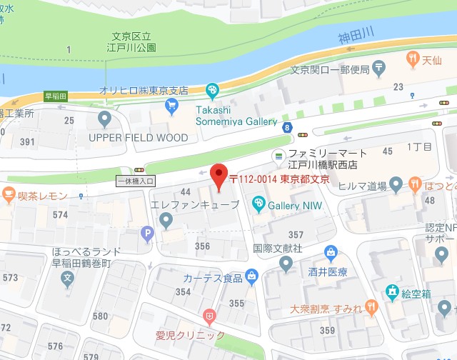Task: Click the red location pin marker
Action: [219, 175]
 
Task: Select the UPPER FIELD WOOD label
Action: [139, 137]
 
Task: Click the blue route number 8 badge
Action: [286, 127]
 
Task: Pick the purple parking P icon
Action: [148, 232]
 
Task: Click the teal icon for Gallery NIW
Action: [258, 206]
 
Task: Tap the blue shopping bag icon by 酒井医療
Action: [331, 252]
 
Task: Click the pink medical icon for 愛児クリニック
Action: [209, 315]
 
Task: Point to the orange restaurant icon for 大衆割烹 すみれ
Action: [371, 306]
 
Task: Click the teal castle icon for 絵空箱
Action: [391, 291]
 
